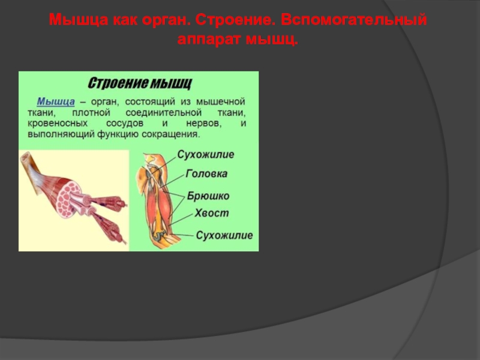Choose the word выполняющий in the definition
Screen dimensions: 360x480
(x=60, y=135)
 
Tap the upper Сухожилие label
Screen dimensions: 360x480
(x=205, y=155)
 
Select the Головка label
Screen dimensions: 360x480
(x=206, y=174)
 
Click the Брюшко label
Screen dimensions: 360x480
(x=208, y=196)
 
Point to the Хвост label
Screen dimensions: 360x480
(x=211, y=213)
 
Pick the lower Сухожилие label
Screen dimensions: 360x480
(x=224, y=235)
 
